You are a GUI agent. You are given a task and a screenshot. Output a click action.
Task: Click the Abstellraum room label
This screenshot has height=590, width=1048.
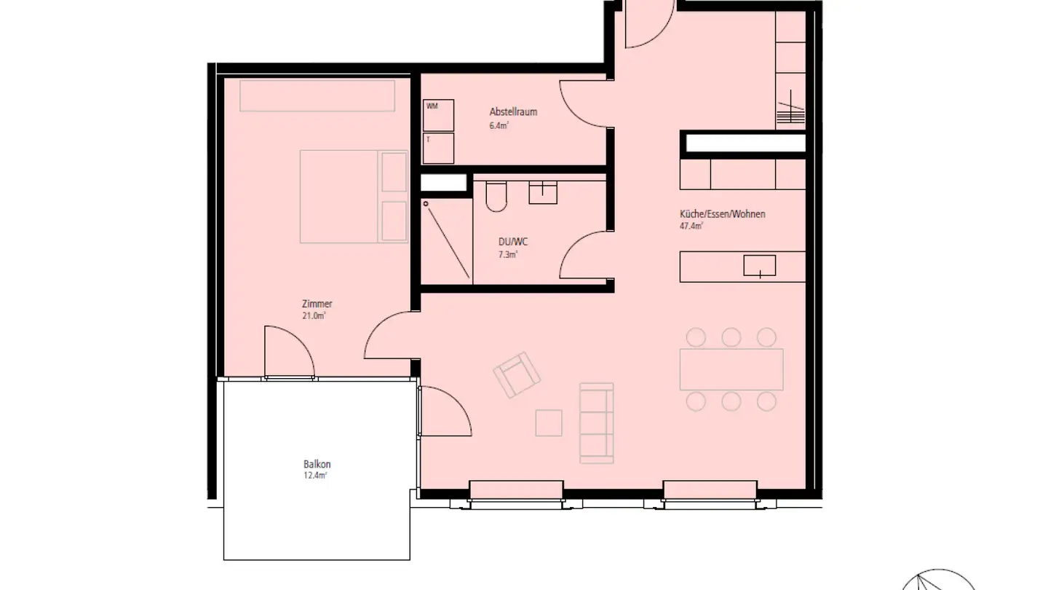coord(513,112)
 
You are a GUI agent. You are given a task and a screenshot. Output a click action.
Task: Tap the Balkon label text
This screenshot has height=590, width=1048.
coord(317,464)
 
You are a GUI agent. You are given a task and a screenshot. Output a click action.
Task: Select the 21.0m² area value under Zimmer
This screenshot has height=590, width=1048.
coord(314,315)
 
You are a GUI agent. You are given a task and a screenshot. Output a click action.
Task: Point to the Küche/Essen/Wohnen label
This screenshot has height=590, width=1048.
coord(722,214)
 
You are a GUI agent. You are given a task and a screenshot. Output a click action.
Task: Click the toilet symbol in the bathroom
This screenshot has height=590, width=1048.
coord(496,196)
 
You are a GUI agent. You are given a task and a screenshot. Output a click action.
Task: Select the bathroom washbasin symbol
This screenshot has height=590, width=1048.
coord(543,192)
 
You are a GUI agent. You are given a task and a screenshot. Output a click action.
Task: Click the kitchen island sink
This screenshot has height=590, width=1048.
coord(759,266)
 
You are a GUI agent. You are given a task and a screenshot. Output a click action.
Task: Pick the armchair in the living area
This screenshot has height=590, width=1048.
coord(517,374)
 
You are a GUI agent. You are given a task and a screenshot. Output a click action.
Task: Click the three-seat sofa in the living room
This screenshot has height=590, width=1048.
coord(596,423)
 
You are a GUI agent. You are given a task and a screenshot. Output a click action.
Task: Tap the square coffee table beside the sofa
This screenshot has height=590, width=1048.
coord(549,422)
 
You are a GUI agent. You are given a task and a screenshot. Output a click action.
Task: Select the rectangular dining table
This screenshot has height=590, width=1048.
coord(731,369)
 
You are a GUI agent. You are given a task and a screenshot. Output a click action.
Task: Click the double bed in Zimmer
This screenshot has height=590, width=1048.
coord(353,197)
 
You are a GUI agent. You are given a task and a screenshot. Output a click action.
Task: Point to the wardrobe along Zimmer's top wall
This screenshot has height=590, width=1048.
coord(317,95)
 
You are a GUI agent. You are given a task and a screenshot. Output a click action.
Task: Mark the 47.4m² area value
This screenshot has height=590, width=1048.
coord(691,226)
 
